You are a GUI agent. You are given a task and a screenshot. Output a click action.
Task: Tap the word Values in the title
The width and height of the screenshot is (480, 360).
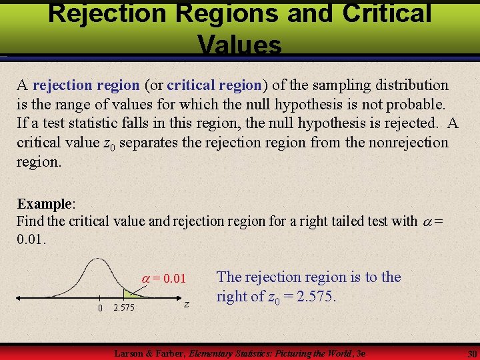tap(239, 45)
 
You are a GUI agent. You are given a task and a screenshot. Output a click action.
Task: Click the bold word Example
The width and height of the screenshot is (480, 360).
tap(44, 204)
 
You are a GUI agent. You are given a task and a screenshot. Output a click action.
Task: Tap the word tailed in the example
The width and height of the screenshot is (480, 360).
tap(321, 222)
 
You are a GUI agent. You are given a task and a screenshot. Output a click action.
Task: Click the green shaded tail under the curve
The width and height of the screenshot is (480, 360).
tap(131, 293)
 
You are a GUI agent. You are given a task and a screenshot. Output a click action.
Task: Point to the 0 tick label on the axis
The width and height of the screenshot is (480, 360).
tap(99, 308)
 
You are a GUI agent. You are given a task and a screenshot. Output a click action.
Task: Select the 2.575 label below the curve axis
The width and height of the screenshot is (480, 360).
tap(125, 308)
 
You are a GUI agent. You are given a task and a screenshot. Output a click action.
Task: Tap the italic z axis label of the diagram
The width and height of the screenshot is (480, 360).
tap(186, 305)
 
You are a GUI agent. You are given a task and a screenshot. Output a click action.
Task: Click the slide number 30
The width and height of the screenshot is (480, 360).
tap(471, 353)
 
